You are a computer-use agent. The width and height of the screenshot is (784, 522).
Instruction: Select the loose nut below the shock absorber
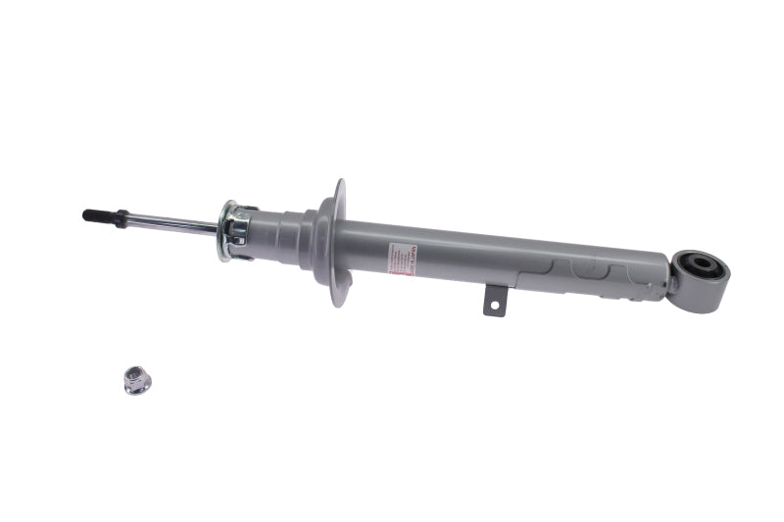pos(136,379)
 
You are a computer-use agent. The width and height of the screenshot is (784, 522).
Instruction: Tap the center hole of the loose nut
pos(134,374)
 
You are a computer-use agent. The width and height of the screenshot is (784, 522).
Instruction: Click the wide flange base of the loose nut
pos(137,387)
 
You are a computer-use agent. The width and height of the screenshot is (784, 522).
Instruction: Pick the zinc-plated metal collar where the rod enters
pos(235,230)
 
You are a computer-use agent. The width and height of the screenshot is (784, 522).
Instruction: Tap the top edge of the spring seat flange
pos(340,184)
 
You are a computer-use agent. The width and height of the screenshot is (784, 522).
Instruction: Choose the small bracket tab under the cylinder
pos(495,301)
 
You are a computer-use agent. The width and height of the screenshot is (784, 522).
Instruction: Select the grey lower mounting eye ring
pos(698,280)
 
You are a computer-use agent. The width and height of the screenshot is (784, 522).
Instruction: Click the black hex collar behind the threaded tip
pos(119,218)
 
